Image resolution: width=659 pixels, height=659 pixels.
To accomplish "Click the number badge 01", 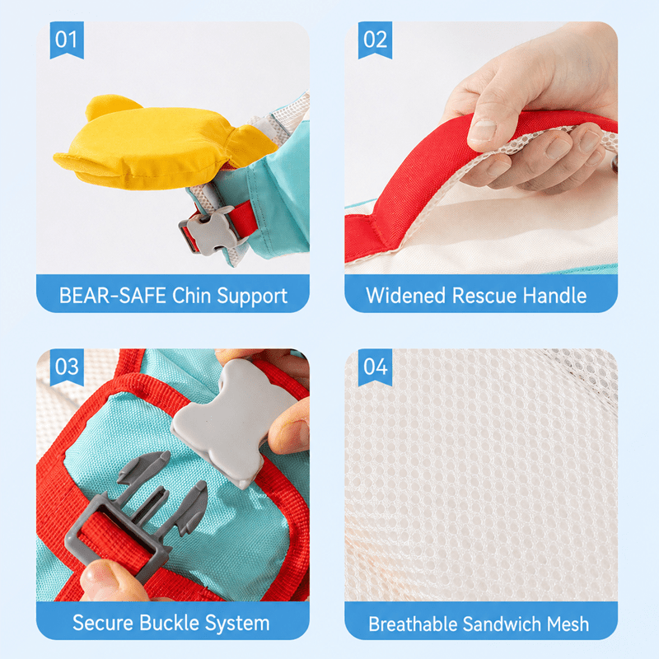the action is coord(67,40).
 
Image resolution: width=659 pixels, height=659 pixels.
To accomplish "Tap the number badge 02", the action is coord(375,40).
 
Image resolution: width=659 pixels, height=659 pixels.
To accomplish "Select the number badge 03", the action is coord(67,367).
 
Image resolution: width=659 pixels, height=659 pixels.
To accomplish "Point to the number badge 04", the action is coord(375,367).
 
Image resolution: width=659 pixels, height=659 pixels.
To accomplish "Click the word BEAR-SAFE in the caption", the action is coord(113,296).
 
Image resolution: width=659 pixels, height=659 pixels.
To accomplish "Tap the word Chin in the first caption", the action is coord(191,296).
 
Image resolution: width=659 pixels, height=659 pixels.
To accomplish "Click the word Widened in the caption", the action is coord(405,296).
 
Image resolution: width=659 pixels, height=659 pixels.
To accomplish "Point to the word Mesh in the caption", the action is coord(568,624).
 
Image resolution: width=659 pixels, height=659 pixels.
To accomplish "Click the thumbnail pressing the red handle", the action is coord(482,130).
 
